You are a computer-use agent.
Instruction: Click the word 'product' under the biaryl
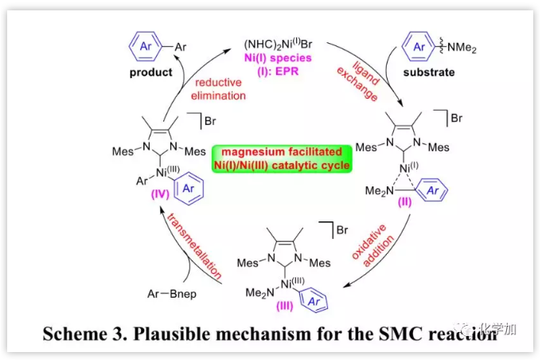click(x=152, y=72)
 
